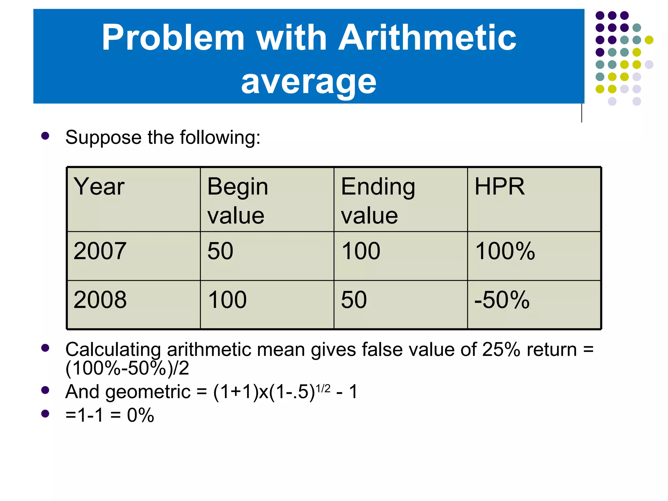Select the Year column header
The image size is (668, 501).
[99, 187]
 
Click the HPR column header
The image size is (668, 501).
[499, 187]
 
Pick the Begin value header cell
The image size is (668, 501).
[237, 201]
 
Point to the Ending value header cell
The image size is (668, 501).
[378, 201]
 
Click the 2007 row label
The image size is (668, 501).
[100, 251]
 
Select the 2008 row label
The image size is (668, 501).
[100, 300]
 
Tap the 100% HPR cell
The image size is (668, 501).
[505, 251]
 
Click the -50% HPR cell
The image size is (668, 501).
[502, 300]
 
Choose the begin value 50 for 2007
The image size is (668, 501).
[220, 251]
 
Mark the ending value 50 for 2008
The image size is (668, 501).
[354, 300]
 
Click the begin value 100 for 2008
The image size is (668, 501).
[227, 300]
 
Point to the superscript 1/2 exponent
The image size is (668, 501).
[323, 388]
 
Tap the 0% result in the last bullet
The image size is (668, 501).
[140, 416]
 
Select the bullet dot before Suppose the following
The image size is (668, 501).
[45, 136]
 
